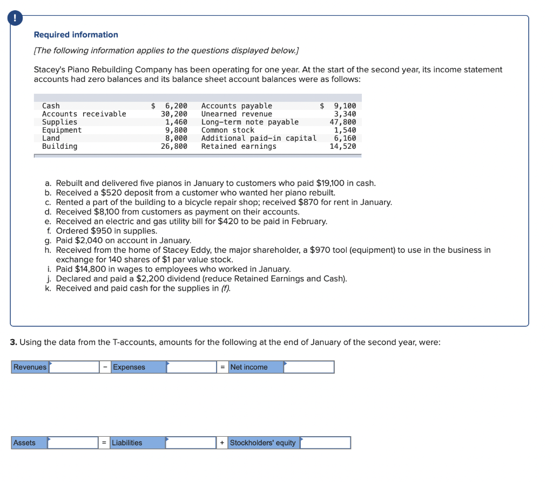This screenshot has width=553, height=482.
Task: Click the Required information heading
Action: (x=76, y=35)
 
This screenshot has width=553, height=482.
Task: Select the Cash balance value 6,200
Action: (x=176, y=106)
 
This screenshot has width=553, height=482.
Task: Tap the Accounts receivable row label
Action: (x=84, y=114)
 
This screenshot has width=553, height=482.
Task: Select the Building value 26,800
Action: (x=174, y=146)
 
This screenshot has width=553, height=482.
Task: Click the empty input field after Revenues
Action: (x=73, y=367)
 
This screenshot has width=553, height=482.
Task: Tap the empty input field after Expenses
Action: (x=192, y=367)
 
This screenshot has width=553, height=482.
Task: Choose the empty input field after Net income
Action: (x=309, y=367)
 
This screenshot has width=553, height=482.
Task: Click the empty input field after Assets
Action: (x=72, y=443)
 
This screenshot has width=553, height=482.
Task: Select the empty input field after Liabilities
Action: (x=191, y=443)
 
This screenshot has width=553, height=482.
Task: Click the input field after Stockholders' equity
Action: (x=325, y=443)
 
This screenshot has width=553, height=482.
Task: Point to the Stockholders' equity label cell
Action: (x=263, y=443)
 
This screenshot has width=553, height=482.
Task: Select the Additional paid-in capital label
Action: (x=259, y=138)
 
